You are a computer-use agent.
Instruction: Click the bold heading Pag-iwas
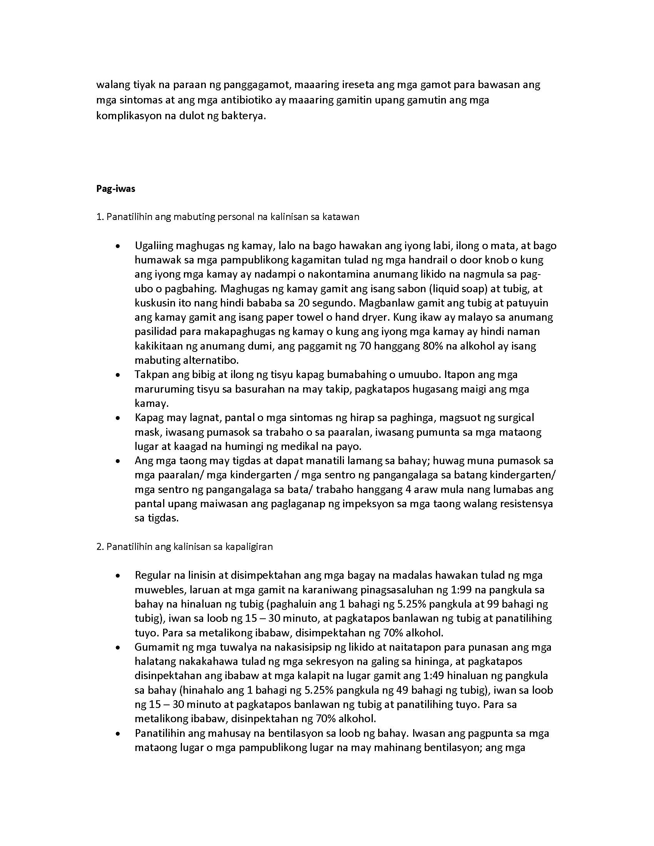tap(115, 189)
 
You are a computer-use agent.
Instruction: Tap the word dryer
tap(375, 317)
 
